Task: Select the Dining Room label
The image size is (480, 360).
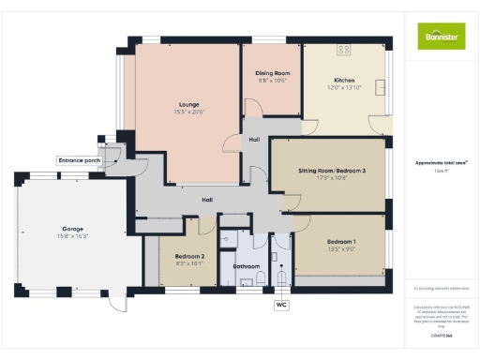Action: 272,73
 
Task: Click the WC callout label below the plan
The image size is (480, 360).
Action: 281,305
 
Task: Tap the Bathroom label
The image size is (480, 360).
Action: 245,266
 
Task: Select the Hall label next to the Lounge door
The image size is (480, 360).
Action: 254,140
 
